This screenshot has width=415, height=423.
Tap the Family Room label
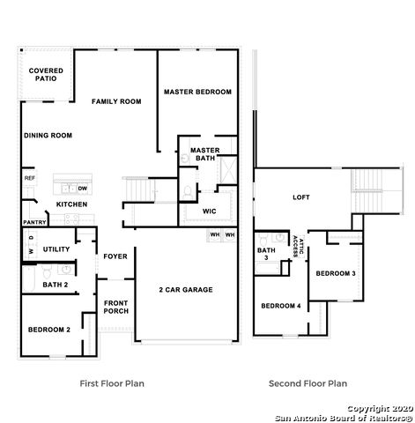pos(116,102)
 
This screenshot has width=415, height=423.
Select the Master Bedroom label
pos(197,92)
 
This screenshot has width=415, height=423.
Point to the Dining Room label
pos(48,135)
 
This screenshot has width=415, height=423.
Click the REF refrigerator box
pos(29,178)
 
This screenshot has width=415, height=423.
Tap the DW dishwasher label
pos(82,189)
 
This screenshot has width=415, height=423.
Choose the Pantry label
pos(33,222)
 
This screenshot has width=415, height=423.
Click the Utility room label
pos(56,249)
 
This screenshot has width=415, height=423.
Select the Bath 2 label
pos(55,285)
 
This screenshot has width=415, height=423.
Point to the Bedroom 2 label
pos(49,329)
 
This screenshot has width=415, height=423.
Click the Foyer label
pos(115,256)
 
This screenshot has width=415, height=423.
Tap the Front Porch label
pos(116,307)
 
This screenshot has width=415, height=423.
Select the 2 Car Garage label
pos(186,290)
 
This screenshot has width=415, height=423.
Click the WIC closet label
pos(209,211)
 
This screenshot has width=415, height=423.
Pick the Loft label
pos(302,197)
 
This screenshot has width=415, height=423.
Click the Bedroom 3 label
pos(336,273)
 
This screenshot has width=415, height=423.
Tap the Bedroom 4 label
pos(280,305)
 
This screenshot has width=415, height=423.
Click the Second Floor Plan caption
pos(308,383)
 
